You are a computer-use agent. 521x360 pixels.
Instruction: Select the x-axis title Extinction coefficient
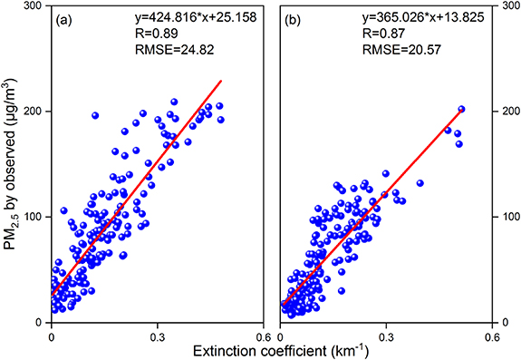(x=271, y=349)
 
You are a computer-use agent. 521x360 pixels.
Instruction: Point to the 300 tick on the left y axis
(x=36, y=6)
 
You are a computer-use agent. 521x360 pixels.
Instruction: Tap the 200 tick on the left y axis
(x=36, y=112)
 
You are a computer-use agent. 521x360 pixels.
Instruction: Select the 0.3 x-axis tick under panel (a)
(x=158, y=333)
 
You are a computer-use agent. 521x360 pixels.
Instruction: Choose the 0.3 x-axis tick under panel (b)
(x=386, y=333)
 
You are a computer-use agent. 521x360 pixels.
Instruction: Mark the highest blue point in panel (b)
(x=461, y=110)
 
